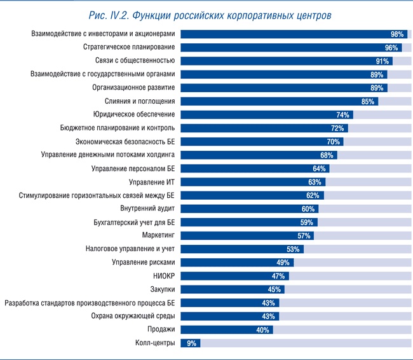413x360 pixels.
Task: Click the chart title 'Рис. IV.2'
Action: pos(207,13)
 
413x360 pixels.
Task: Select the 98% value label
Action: pos(398,34)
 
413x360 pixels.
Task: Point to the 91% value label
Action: pos(383,61)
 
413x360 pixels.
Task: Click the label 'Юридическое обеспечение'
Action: pos(133,114)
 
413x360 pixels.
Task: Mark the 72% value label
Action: pos(337,128)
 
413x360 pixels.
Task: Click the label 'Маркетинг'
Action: pos(158,235)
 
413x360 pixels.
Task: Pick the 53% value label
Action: pos(293,249)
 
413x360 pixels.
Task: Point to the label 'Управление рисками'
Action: pos(143,262)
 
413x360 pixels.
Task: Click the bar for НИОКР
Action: pos(234,276)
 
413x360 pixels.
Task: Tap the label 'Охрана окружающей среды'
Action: pos(132,316)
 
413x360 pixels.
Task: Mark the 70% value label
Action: pos(334,142)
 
